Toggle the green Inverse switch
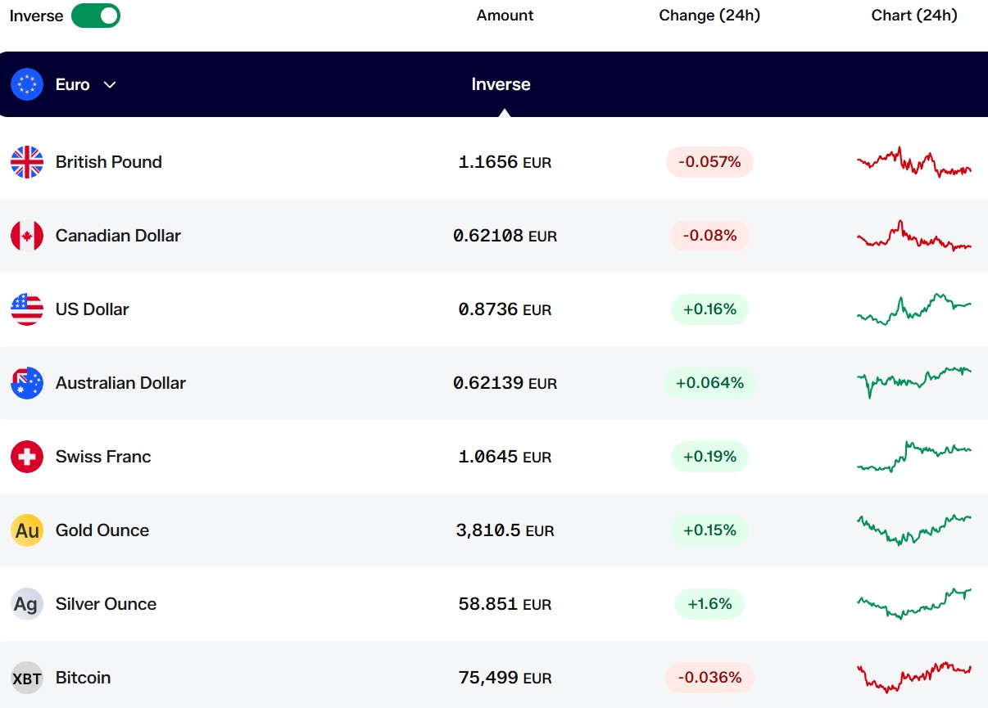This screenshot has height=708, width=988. (96, 16)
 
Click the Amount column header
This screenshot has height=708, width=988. (505, 16)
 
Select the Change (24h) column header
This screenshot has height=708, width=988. (709, 16)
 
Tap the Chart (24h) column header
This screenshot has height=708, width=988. (914, 16)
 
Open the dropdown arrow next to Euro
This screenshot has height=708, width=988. (110, 84)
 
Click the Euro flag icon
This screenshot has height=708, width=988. (27, 84)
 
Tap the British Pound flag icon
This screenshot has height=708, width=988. (27, 162)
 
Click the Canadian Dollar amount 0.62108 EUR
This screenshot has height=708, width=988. (505, 236)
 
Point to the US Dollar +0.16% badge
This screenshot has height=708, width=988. (709, 309)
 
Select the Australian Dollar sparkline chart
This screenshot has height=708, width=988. (914, 382)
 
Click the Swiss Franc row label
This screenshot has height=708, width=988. (103, 457)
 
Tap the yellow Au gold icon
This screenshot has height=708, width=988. (27, 530)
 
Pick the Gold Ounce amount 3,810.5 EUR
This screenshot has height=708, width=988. (505, 530)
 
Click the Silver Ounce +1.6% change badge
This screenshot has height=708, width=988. (709, 603)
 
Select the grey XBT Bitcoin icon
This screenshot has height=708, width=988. (27, 678)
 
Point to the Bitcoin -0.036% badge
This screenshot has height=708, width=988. (709, 678)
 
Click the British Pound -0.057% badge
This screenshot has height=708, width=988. (709, 162)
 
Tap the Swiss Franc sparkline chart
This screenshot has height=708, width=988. (914, 457)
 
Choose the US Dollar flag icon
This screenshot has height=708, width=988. (27, 309)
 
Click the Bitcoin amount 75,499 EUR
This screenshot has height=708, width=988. (505, 678)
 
